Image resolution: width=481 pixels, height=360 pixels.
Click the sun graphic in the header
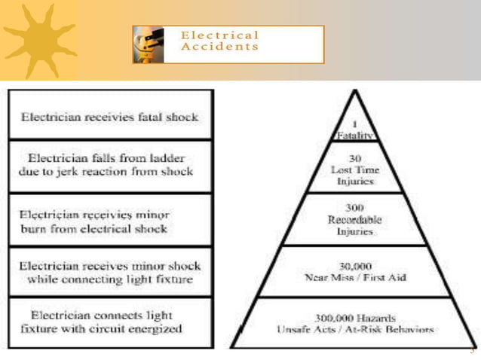pyautogui.click(x=40, y=40)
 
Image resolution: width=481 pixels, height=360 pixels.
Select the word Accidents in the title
pyautogui.click(x=219, y=47)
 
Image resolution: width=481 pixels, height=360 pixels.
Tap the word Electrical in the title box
pyautogui.click(x=219, y=35)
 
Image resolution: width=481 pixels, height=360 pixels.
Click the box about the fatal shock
pyautogui.click(x=110, y=117)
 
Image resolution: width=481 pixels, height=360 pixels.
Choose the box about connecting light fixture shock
pyautogui.click(x=110, y=273)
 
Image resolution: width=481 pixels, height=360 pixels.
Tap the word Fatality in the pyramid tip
pyautogui.click(x=354, y=136)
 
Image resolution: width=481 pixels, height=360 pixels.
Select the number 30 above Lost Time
pyautogui.click(x=355, y=159)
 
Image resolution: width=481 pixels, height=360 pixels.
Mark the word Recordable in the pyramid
pyautogui.click(x=354, y=220)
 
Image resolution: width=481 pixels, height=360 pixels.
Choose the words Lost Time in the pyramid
pyautogui.click(x=354, y=170)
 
